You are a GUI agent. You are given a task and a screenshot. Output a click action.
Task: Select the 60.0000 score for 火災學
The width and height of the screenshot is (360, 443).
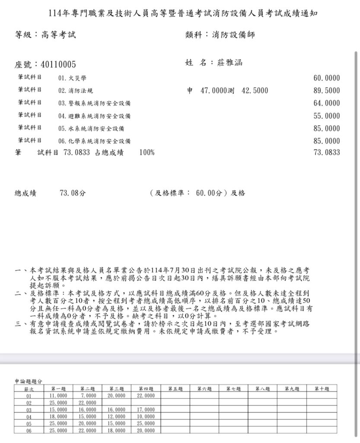(x=326, y=78)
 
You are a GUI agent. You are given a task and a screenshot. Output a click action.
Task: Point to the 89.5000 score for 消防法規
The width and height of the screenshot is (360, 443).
(x=326, y=91)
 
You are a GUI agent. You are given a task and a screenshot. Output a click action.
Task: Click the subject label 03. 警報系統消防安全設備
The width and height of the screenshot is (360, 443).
(x=94, y=103)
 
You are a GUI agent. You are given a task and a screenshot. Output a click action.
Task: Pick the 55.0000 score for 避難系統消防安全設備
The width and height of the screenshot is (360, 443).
(x=326, y=116)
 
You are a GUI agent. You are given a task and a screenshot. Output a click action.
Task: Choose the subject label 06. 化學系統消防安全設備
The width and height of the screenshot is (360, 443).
(x=94, y=141)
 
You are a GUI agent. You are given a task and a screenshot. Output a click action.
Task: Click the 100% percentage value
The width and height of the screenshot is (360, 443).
(x=147, y=152)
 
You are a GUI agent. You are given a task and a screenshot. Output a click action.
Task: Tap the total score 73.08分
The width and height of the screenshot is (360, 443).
(x=70, y=193)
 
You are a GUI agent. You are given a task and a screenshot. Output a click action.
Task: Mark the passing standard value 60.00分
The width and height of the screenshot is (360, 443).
(x=211, y=193)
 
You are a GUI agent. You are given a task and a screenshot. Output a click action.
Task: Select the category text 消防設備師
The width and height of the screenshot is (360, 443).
(x=233, y=35)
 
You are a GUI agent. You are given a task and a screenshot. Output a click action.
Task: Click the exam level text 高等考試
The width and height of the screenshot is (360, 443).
(x=58, y=35)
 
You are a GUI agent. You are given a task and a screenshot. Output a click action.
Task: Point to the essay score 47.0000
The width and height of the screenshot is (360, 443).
(x=214, y=91)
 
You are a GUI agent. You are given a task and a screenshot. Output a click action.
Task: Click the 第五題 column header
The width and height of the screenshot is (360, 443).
(x=175, y=389)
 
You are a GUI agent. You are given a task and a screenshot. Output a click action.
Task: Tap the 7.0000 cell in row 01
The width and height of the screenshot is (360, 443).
(x=87, y=395)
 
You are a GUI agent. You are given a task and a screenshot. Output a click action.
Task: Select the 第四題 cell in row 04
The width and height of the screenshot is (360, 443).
(x=146, y=417)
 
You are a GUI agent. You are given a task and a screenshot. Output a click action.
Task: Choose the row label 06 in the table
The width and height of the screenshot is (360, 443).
(x=29, y=430)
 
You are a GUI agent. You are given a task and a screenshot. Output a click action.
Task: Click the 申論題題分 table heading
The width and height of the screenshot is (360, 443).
(x=29, y=381)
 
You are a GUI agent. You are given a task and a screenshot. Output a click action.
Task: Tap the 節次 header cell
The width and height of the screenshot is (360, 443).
(x=29, y=389)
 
